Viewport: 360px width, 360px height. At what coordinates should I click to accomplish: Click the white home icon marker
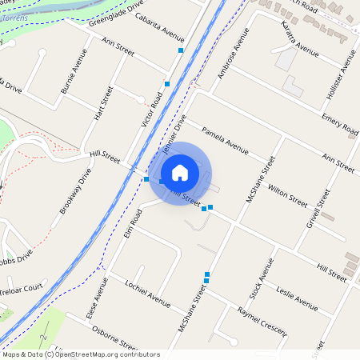click(x=180, y=172)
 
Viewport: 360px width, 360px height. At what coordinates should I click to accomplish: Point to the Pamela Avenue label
click(x=226, y=138)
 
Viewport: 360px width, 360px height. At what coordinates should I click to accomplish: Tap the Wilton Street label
click(x=287, y=194)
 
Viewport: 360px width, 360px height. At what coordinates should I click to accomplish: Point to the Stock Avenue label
click(x=261, y=278)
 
